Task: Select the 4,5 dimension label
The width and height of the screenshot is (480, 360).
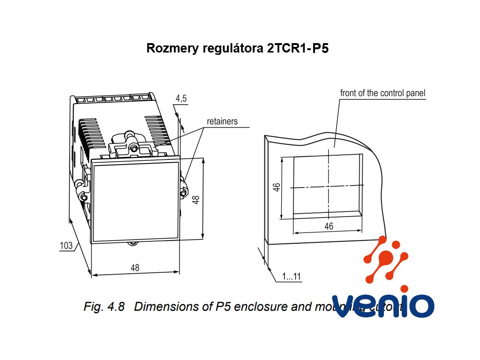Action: pos(181,98)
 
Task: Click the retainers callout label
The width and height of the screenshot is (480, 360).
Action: pos(222,121)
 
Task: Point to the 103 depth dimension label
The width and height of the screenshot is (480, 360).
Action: pos(67,246)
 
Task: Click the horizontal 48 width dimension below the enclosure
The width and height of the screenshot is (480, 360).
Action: pos(135,268)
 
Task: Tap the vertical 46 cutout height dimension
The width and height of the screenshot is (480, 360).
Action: pos(277,188)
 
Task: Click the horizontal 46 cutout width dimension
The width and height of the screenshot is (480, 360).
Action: pos(329,226)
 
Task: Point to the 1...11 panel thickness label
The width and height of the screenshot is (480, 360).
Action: pos(292,277)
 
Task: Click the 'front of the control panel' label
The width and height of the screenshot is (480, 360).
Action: pos(382,93)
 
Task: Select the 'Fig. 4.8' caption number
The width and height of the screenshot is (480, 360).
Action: pos(104,307)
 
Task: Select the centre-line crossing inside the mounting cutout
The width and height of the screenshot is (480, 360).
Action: pos(329,187)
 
